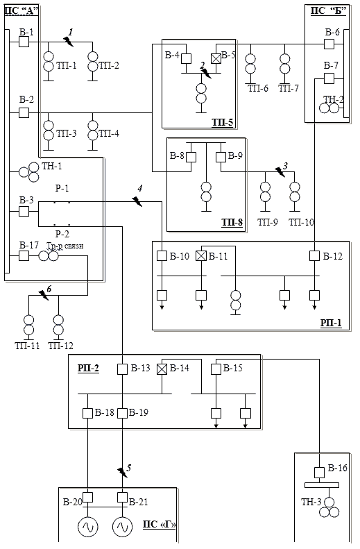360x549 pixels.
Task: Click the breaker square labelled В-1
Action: [24, 42]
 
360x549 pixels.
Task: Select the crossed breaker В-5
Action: [216, 58]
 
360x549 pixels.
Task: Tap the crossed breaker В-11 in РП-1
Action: [201, 256]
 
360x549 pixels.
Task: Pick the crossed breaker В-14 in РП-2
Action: [162, 369]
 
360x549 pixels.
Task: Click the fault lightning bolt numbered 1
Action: [69, 42]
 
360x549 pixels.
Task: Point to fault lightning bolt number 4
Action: [137, 201]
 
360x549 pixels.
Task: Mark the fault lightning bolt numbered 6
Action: [44, 295]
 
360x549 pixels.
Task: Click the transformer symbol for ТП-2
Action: [93, 61]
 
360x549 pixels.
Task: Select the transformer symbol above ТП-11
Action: [28, 325]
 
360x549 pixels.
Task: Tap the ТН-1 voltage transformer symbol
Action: [29, 171]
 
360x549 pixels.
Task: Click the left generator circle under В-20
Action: [88, 527]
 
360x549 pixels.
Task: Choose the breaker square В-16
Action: [319, 473]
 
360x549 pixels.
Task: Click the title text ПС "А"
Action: [21, 10]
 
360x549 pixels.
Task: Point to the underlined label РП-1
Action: [331, 323]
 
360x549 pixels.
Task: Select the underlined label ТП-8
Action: [232, 222]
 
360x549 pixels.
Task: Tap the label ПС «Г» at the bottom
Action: [160, 525]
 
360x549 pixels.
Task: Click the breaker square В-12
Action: [314, 256]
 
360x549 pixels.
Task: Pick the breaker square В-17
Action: [24, 256]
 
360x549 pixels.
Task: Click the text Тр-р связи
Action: [65, 246]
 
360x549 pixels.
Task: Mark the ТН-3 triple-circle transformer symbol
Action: [329, 507]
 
